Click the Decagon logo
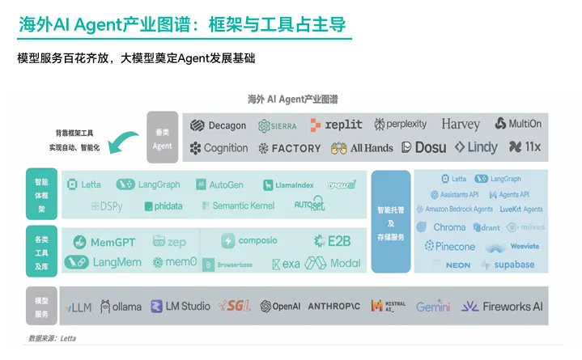(218, 125)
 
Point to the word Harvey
(461, 125)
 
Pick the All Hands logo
(362, 148)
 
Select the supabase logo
(508, 265)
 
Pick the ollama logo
(121, 307)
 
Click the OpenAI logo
(280, 307)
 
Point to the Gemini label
(433, 307)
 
